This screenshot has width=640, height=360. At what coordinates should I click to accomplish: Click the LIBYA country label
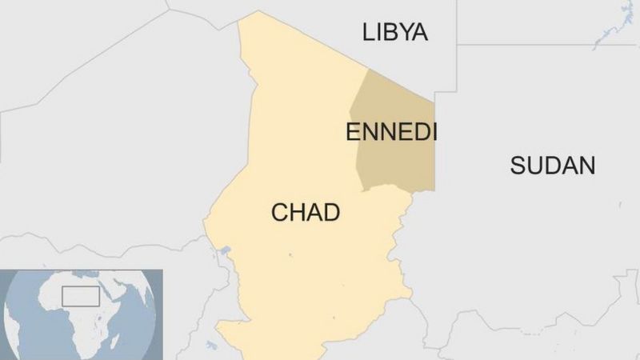pos(395,32)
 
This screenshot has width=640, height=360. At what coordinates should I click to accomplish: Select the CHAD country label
pos(306,213)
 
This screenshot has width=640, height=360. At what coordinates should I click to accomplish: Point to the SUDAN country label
pos(553,166)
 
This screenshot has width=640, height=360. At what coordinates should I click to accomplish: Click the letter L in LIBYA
pos(368,32)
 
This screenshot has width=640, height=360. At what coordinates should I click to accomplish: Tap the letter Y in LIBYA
pos(403,32)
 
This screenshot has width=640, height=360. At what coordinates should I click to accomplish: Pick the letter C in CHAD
pos(279,213)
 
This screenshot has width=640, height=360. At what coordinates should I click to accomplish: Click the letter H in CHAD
pos(298,213)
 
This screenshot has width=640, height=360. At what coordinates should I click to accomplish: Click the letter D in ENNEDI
pos(416,132)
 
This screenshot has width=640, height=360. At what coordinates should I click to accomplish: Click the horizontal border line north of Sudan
pos(544,45)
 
